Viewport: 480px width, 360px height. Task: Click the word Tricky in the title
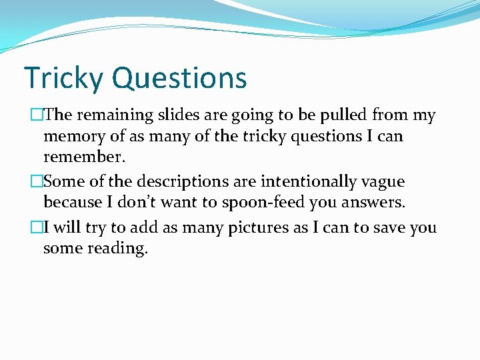64,79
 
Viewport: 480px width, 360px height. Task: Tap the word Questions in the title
179,79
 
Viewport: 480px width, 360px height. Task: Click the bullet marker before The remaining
37,115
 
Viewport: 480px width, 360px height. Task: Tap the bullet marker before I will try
37,227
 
